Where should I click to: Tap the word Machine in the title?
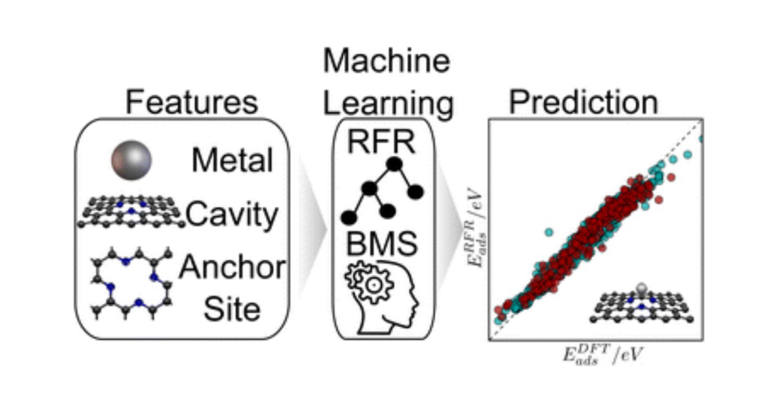click(387, 61)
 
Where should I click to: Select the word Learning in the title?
click(388, 104)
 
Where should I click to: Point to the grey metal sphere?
click(131, 160)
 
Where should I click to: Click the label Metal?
click(232, 160)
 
